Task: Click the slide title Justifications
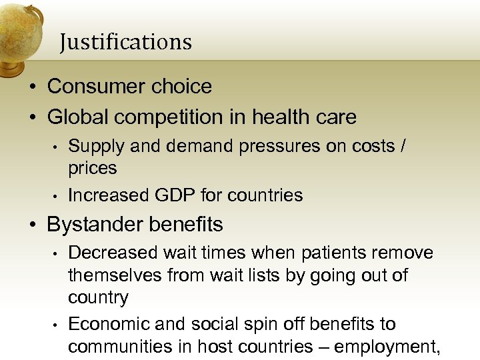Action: pyautogui.click(x=125, y=42)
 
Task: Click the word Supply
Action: pyautogui.click(x=91, y=147)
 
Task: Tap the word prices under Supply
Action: pyautogui.click(x=92, y=168)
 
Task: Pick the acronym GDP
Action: pyautogui.click(x=172, y=195)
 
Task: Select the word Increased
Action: pyautogui.click(x=110, y=195)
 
